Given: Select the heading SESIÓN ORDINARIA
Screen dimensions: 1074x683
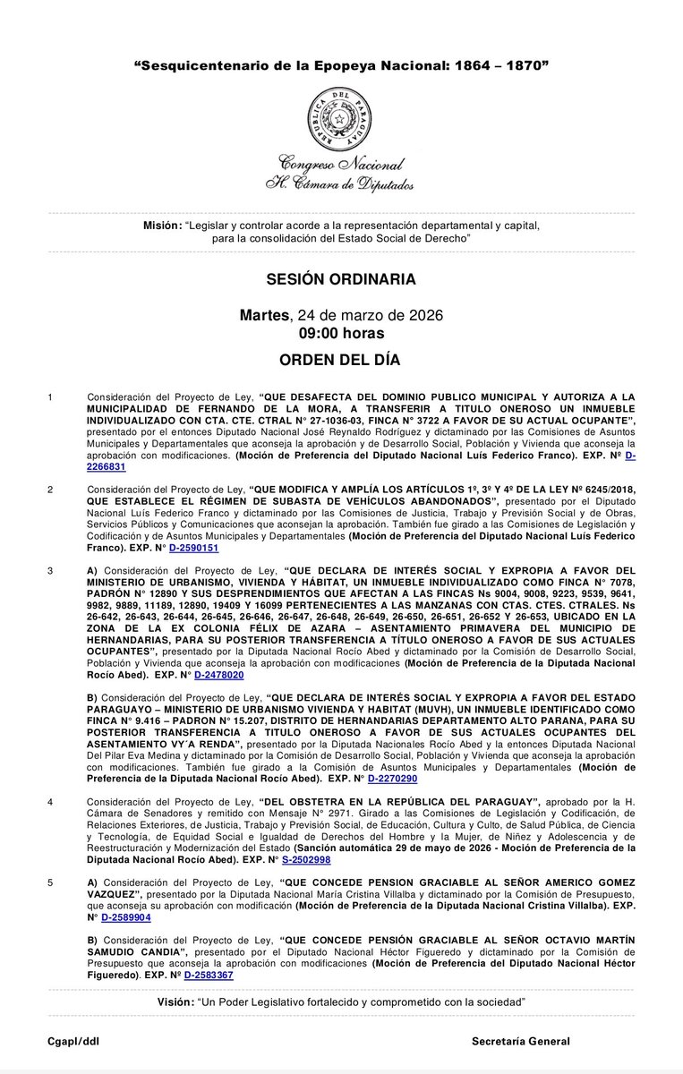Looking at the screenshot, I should tap(341, 279).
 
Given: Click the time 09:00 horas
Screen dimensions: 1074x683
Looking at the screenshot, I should tap(341, 334).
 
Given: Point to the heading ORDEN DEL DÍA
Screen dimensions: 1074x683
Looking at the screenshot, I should tap(341, 360).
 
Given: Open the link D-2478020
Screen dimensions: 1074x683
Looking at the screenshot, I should tap(219, 675).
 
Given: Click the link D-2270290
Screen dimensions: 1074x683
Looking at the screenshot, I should tap(392, 779).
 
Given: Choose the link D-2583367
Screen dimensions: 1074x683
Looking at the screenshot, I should tap(209, 975).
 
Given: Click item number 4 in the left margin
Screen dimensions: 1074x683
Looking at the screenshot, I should tap(50, 801).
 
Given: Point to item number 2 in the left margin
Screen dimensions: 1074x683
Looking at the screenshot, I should tap(50, 490).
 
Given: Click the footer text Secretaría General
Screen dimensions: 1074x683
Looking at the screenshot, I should tap(521, 1042).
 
